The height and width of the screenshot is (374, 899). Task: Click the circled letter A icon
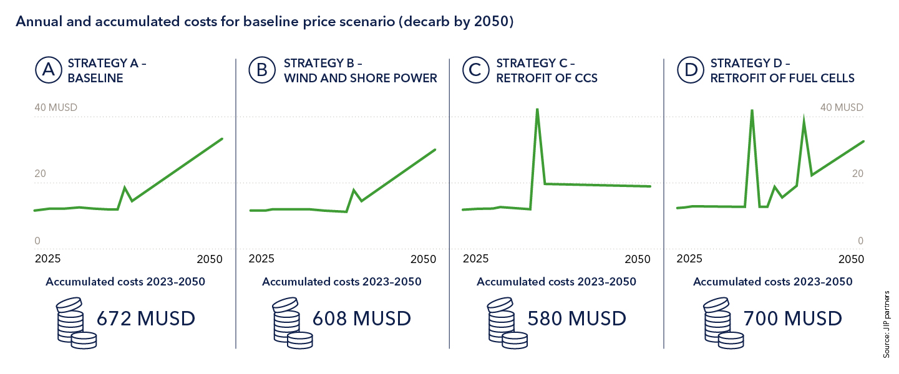coord(48,70)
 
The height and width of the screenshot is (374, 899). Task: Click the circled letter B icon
coord(262,70)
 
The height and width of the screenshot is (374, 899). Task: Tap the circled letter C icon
coord(475,70)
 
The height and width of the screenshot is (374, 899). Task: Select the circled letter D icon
coord(691,70)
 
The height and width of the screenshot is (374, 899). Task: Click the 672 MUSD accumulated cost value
coord(145,319)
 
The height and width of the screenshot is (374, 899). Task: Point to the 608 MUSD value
coord(361,319)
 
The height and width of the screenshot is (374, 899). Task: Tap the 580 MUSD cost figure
coord(576,319)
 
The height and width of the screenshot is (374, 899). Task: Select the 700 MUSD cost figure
coord(792,319)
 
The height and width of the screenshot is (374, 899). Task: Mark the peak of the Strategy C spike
coord(537,110)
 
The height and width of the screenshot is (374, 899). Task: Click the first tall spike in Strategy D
coord(752,111)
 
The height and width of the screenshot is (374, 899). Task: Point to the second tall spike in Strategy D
coord(804,120)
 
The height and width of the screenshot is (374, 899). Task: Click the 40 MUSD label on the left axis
coord(56,107)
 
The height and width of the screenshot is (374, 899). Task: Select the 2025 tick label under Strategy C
coord(476,258)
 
